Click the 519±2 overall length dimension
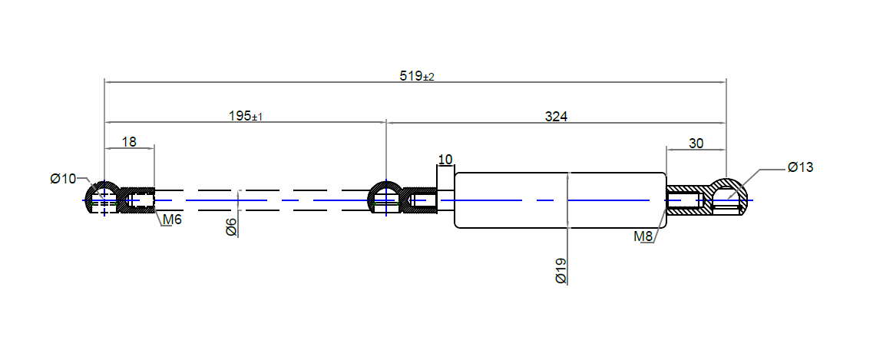(417, 76)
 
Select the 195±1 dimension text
(246, 117)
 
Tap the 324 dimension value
(556, 117)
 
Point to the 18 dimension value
(129, 141)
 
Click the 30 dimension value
(696, 143)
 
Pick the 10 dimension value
(445, 160)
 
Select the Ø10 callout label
(63, 179)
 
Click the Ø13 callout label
(799, 167)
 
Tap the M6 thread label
(172, 222)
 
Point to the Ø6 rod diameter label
(231, 227)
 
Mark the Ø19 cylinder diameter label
(561, 272)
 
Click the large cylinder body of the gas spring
(561, 200)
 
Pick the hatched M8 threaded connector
(686, 201)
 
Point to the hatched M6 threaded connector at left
(137, 201)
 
